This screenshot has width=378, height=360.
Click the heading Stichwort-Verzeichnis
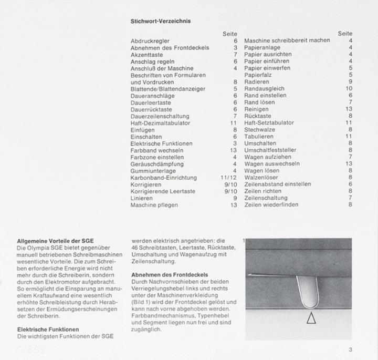[x=160, y=22]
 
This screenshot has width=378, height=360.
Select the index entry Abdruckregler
[x=150, y=41]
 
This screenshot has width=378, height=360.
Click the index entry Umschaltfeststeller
[x=270, y=150]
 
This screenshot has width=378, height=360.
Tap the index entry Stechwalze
[x=260, y=130]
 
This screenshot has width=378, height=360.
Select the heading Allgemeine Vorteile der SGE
[x=51, y=241]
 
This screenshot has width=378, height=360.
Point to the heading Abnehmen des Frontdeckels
[x=170, y=275]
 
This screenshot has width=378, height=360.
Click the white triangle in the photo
[x=311, y=318]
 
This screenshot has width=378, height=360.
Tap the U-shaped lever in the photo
[x=307, y=292]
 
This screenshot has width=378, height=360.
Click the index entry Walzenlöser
[x=261, y=178]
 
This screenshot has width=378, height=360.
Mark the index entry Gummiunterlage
[x=153, y=171]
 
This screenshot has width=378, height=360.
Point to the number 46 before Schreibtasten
[x=134, y=248]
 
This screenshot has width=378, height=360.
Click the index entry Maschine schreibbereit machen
[x=287, y=41]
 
